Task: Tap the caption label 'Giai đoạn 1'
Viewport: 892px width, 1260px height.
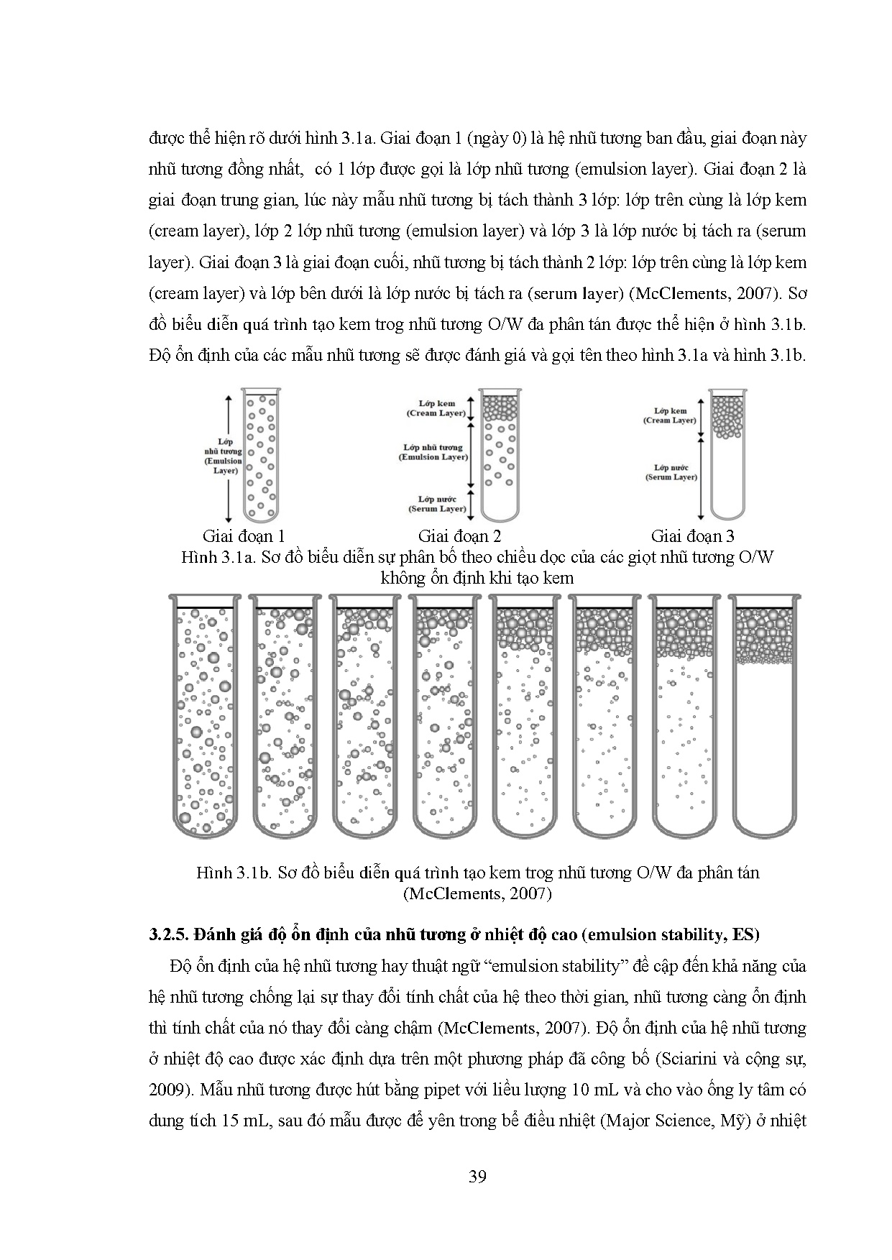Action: [244, 535]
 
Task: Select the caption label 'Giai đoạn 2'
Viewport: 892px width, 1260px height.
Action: [459, 535]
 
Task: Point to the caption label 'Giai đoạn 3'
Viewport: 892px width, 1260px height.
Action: [692, 535]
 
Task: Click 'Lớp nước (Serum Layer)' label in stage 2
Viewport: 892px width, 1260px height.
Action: [437, 504]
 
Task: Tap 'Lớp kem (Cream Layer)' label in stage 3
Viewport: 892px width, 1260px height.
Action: [671, 415]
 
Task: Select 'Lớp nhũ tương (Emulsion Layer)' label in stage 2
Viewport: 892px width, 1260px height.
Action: [433, 452]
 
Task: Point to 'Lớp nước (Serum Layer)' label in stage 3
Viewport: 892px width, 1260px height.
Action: [671, 472]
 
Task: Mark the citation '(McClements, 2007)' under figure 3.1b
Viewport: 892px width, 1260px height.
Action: [477, 893]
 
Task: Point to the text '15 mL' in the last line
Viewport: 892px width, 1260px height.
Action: [244, 1121]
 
